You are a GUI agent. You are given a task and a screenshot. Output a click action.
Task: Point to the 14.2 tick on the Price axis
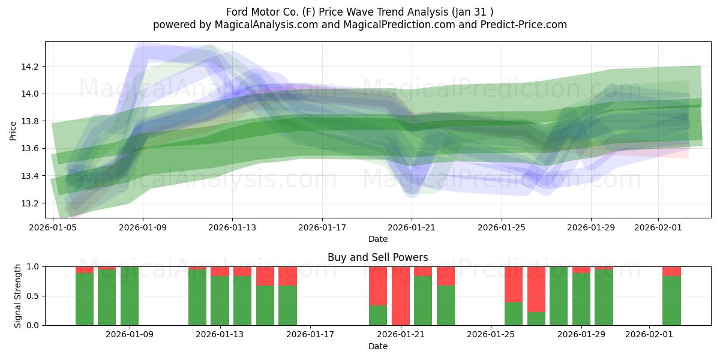click(31, 67)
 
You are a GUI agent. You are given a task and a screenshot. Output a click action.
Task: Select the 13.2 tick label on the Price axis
click(31, 203)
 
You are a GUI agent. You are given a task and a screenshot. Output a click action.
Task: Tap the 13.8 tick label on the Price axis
click(31, 121)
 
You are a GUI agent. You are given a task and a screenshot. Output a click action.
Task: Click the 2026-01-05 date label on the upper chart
click(53, 227)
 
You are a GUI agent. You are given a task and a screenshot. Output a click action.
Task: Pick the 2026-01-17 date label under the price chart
click(322, 227)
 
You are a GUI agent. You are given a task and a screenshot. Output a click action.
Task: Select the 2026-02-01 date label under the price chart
click(658, 227)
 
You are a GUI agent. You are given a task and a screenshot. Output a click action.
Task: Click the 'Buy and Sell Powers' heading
click(378, 257)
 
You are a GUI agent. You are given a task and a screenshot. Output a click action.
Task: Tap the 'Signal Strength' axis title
click(18, 296)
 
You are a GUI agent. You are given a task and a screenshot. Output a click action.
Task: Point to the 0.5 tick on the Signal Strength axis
click(33, 296)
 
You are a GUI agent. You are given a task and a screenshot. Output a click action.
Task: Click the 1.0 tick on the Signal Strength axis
click(33, 266)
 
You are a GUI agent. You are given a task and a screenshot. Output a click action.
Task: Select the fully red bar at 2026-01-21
click(401, 296)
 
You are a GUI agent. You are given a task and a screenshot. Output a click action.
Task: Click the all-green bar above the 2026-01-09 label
click(130, 296)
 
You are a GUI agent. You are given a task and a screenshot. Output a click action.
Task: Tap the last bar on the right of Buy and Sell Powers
click(671, 300)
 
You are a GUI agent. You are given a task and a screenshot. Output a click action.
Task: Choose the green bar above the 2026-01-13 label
click(220, 300)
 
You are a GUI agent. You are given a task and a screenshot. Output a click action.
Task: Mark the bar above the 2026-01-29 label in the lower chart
click(581, 299)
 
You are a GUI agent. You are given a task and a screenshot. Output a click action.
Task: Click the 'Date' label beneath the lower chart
click(378, 346)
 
